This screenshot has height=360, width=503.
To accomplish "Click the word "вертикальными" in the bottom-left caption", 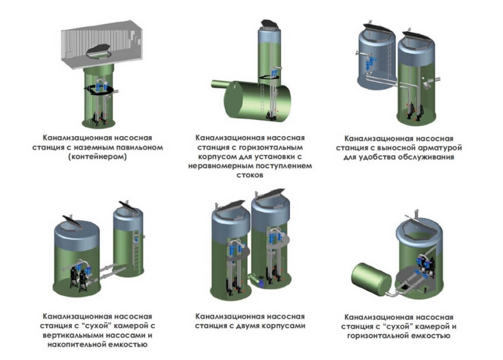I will [76, 335].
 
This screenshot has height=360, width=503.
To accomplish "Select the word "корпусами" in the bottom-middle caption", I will [279, 326].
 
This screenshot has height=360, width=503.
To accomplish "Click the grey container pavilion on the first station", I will [104, 45].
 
